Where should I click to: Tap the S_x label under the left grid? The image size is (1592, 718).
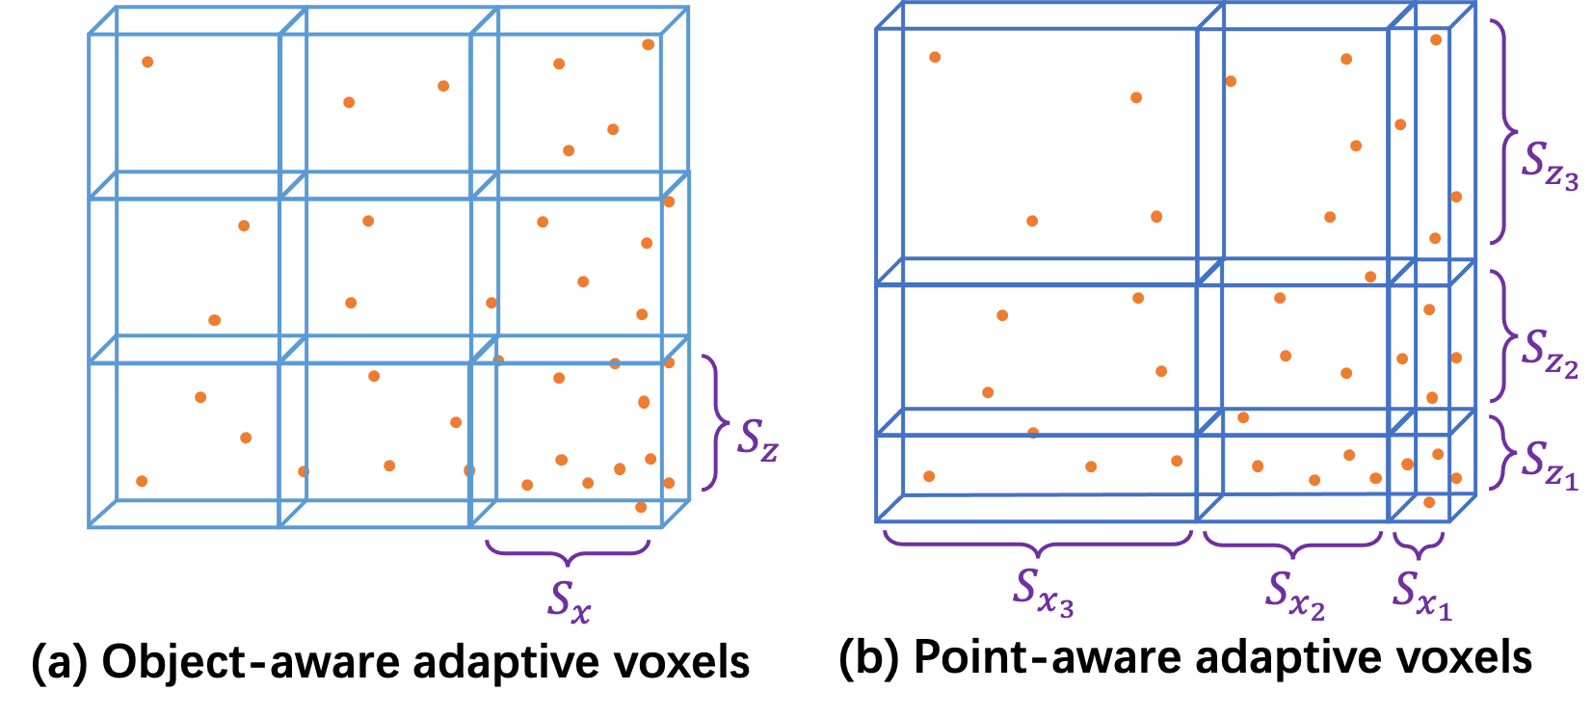(570, 600)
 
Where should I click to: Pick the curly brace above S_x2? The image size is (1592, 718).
(1292, 545)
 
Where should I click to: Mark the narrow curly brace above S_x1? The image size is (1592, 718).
(1419, 546)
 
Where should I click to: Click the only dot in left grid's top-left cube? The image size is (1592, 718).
(147, 62)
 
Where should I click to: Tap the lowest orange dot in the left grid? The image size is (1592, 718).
(641, 507)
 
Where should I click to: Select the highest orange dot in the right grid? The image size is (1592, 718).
(1436, 40)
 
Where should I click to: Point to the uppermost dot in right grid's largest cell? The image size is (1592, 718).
(935, 57)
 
